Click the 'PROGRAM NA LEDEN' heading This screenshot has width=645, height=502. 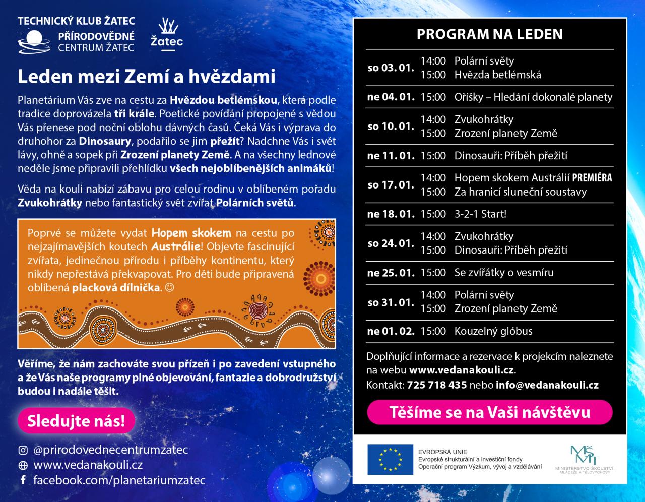[x=489, y=34]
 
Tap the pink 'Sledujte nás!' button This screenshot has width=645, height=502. [x=76, y=421]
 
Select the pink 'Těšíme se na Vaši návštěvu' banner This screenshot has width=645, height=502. [x=489, y=412]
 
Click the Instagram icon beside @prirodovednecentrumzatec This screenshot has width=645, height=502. [x=23, y=450]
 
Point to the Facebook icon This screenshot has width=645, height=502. [x=23, y=480]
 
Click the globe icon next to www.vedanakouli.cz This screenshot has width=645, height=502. [x=23, y=465]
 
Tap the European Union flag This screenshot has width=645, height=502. [x=386, y=460]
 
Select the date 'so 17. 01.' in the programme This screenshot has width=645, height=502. [x=391, y=184]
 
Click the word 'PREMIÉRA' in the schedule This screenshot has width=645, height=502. [x=592, y=178]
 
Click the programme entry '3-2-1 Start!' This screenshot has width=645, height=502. [x=480, y=214]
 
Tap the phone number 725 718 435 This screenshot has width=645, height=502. [x=436, y=385]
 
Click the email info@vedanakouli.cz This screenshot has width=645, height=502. [x=547, y=385]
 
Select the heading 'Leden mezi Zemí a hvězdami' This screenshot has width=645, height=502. [x=146, y=77]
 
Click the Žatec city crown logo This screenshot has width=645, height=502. [x=167, y=33]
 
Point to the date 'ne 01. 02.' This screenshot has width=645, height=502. [x=391, y=331]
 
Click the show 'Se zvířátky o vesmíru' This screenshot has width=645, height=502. [x=504, y=273]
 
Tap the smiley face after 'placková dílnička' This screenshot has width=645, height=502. [x=169, y=288]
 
